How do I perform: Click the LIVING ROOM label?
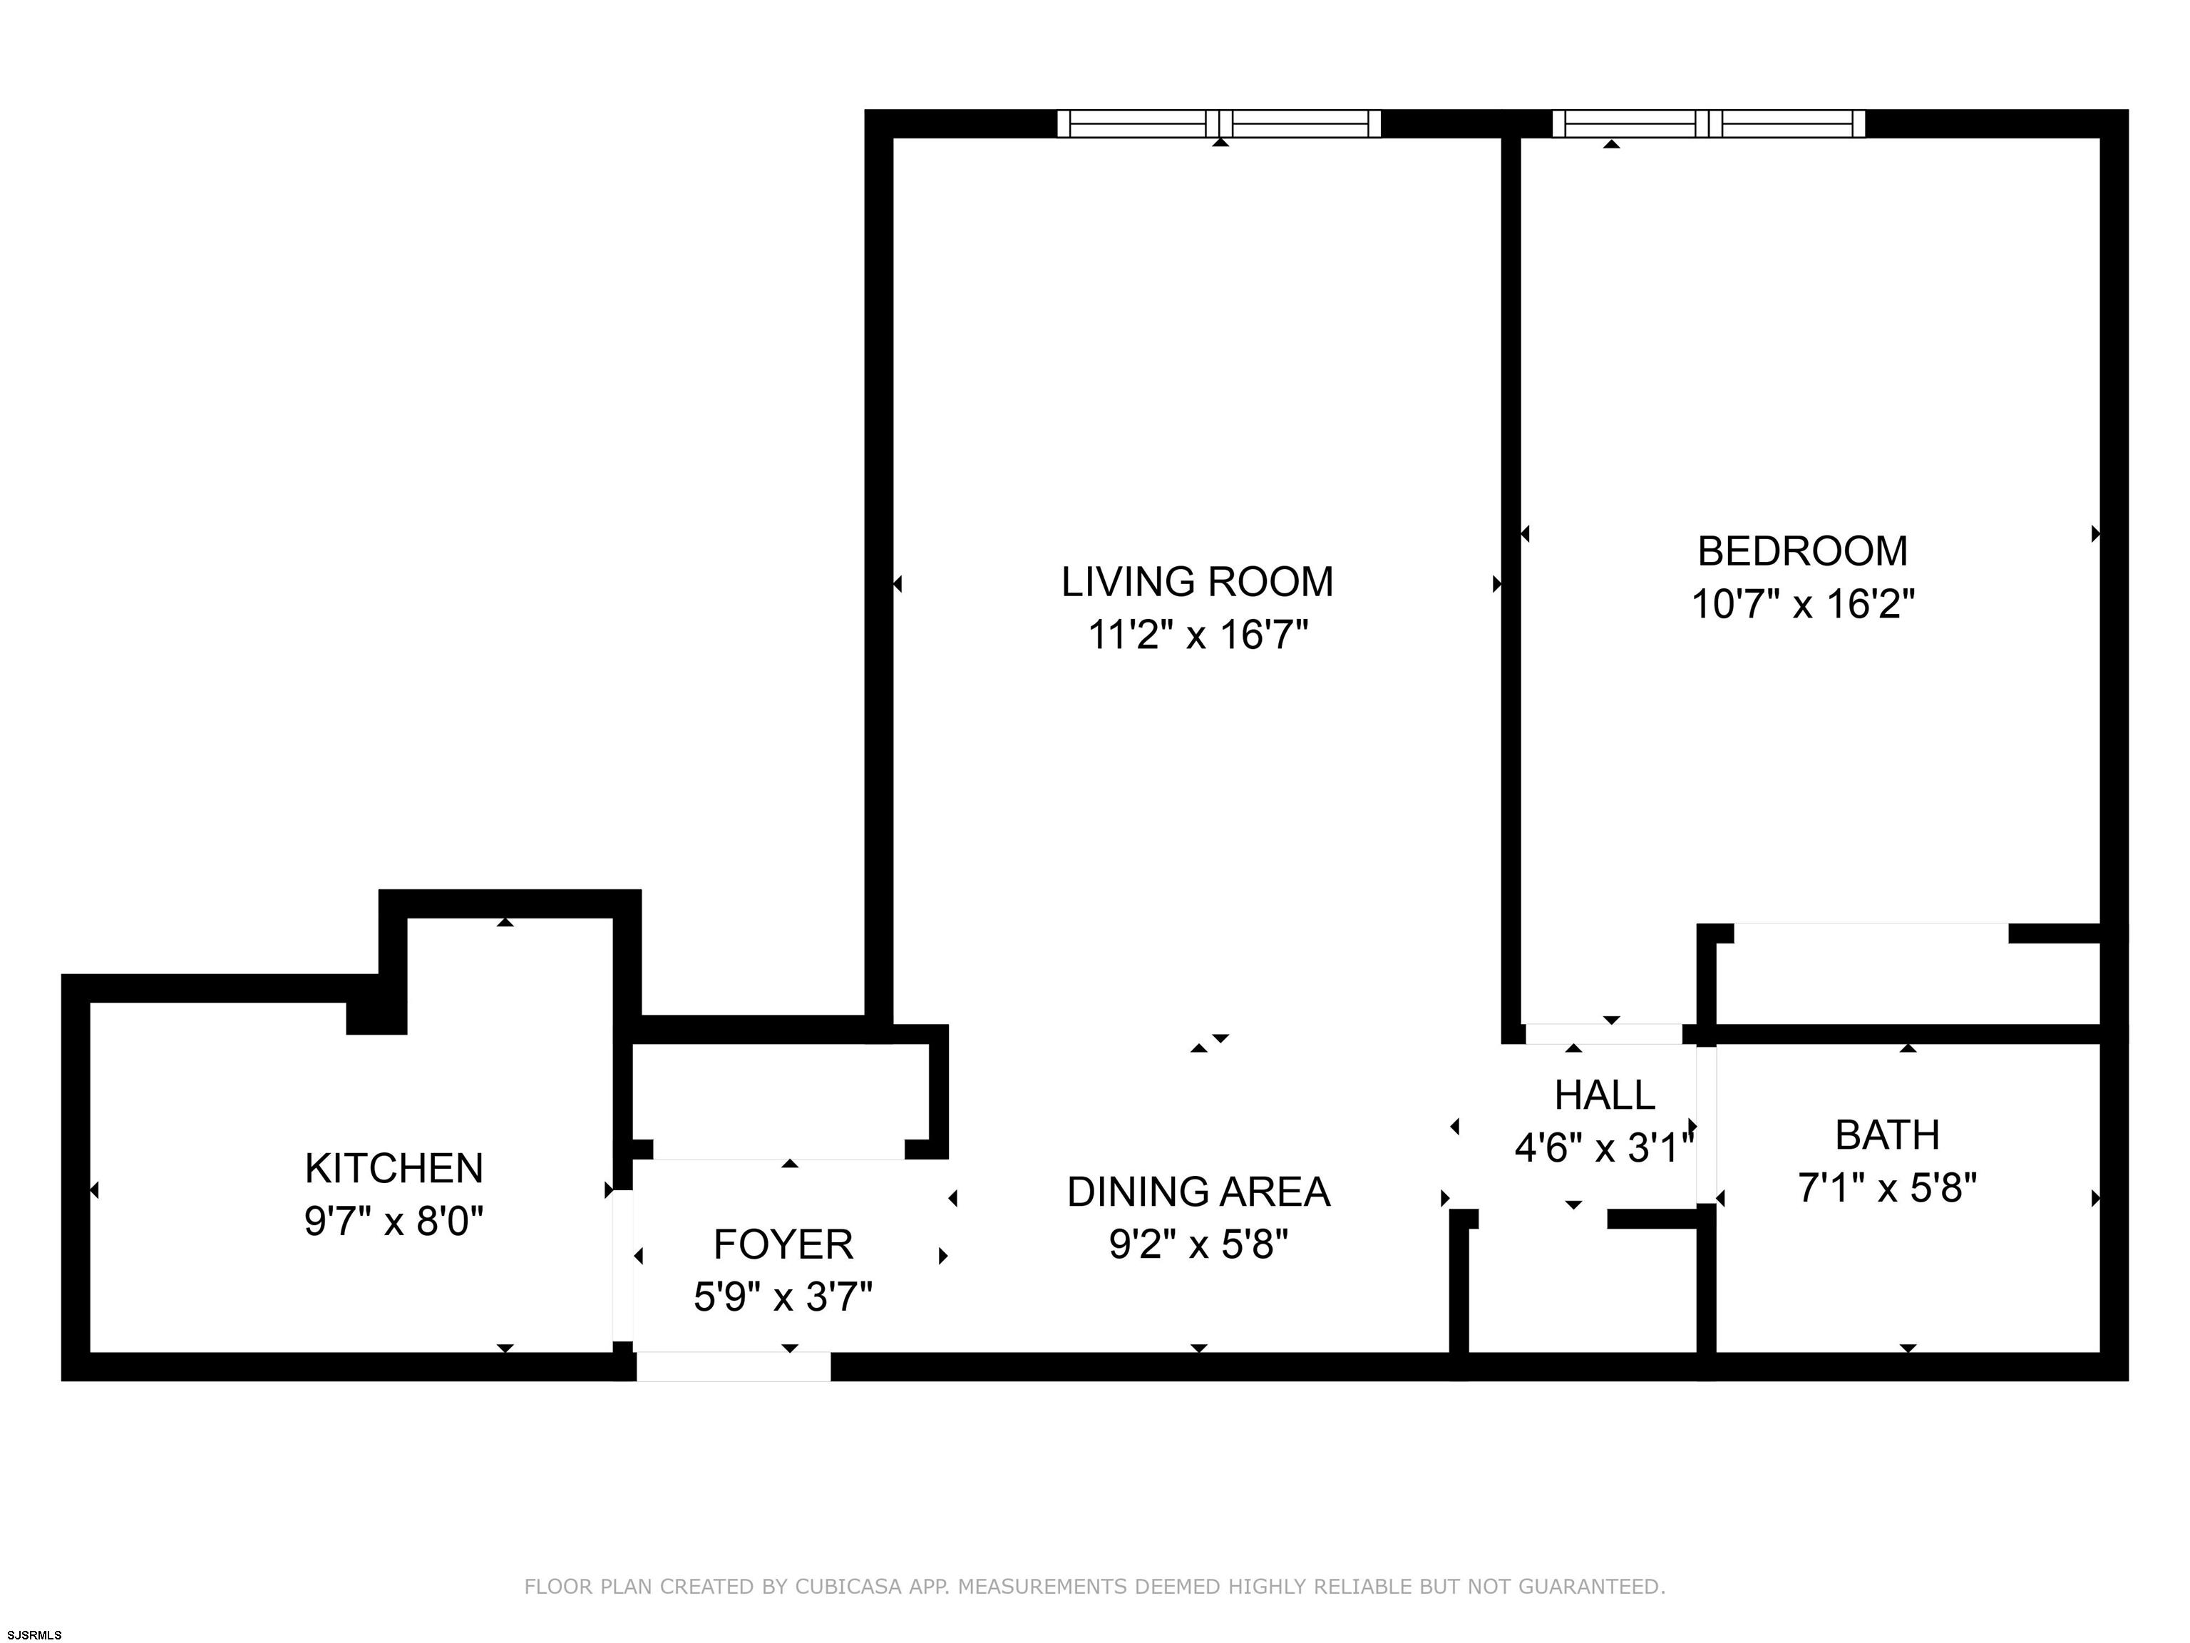(x=1197, y=581)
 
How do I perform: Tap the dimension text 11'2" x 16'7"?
(x=1197, y=634)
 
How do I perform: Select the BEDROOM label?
(x=1802, y=551)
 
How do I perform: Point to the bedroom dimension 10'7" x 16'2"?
(x=1802, y=603)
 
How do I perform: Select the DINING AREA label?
(x=1198, y=1192)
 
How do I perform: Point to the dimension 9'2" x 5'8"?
(x=1198, y=1244)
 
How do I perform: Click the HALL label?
(x=1604, y=1095)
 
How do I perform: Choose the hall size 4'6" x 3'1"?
(x=1604, y=1148)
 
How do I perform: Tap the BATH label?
(x=1887, y=1135)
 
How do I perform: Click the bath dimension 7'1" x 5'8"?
(x=1887, y=1187)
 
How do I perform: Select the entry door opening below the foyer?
(x=733, y=1367)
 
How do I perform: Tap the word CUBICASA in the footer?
(x=848, y=1587)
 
